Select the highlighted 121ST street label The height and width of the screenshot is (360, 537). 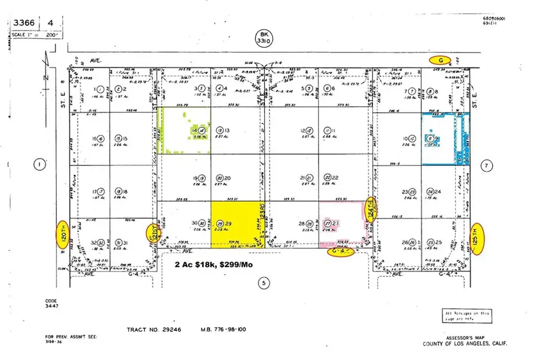pos(153,232)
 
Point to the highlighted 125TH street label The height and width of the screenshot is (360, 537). pos(475,238)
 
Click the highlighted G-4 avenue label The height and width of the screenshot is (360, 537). pos(341,252)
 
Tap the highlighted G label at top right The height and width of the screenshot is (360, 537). pos(440,60)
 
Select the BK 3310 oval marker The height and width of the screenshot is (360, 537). pos(261,39)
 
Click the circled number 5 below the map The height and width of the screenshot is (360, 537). pos(263,282)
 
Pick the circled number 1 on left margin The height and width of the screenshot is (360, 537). pos(40,164)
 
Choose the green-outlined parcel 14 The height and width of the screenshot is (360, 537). pos(185,133)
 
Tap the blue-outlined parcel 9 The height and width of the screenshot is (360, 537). pos(445,139)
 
